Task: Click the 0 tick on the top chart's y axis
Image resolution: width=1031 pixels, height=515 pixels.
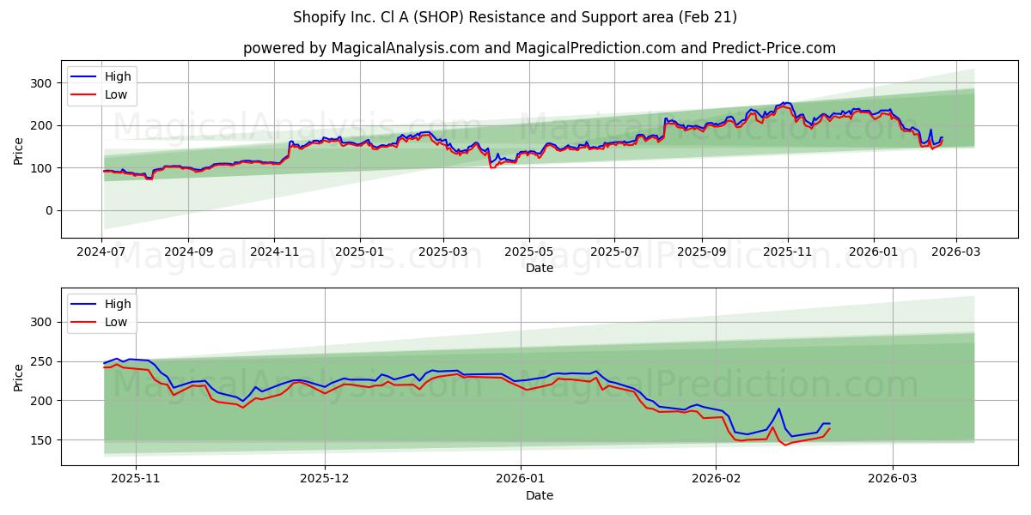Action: (48, 210)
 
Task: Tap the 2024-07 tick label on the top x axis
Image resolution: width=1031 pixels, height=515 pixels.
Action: (102, 253)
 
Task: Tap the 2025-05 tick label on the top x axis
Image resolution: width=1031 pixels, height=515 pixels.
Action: (528, 253)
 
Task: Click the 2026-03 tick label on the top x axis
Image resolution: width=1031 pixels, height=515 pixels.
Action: (955, 253)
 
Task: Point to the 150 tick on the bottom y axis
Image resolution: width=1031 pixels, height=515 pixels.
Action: (41, 440)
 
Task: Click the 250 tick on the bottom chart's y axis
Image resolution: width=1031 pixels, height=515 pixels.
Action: (41, 361)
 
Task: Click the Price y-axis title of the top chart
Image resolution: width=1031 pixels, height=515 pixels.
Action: (19, 150)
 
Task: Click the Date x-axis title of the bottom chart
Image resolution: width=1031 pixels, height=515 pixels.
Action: (539, 495)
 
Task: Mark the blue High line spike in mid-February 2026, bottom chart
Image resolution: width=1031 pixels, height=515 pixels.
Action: (778, 409)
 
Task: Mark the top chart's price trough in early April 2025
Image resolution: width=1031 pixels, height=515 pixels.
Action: (491, 167)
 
